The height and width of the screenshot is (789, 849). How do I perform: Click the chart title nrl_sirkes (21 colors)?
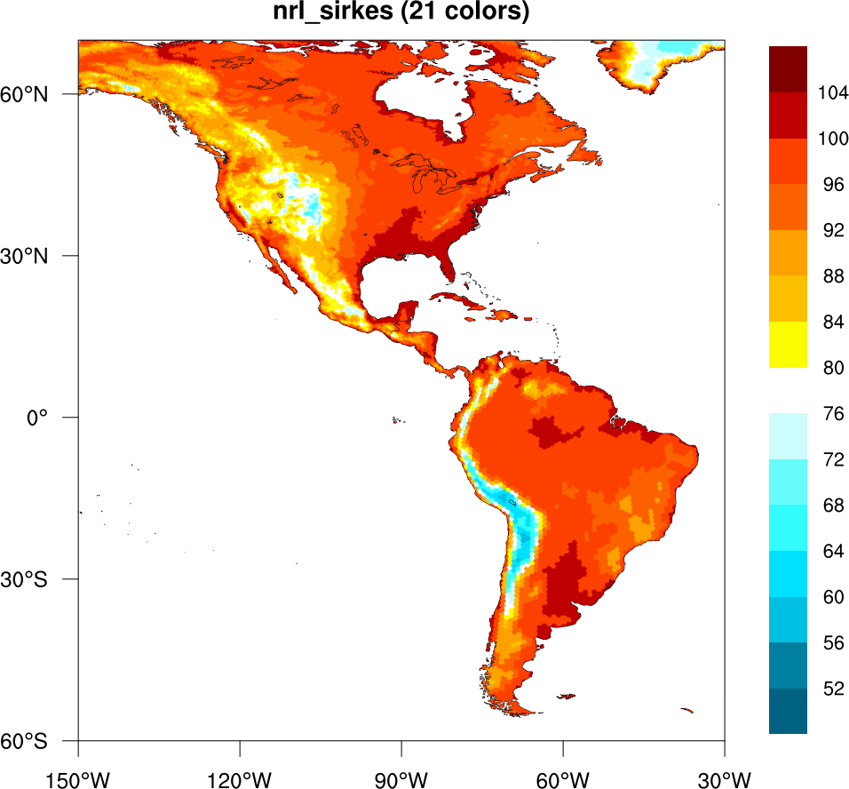coord(401,12)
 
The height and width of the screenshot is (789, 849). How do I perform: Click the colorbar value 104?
coord(834,92)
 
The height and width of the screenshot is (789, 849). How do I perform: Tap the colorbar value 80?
coord(834,367)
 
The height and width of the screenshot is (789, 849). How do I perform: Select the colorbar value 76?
coord(834,413)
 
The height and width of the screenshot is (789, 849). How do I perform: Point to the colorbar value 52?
coord(834,689)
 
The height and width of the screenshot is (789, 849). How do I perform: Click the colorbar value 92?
coord(834,230)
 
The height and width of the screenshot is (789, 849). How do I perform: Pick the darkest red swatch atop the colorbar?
coord(788,69)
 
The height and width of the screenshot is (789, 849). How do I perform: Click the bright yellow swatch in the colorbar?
coord(788,344)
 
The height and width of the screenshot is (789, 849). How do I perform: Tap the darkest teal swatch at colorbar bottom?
coord(788,712)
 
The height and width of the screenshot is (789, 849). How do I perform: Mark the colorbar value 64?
coord(834,551)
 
